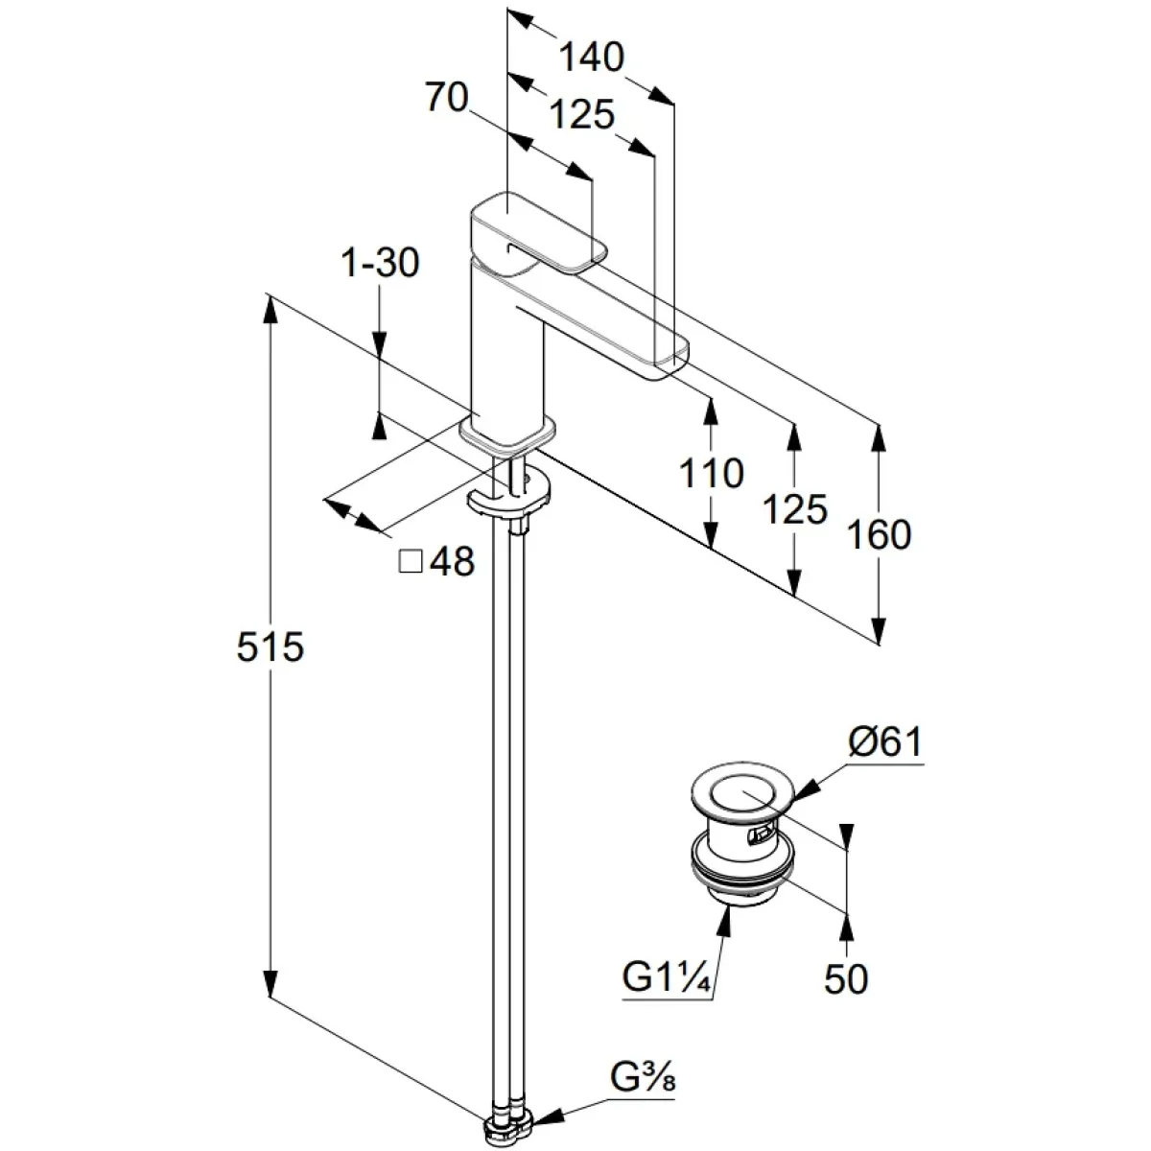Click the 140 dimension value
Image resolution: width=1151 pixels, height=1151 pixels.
(x=591, y=58)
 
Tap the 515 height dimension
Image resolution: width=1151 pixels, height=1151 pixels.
(x=270, y=647)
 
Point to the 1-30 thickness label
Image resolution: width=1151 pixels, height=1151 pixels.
(x=381, y=262)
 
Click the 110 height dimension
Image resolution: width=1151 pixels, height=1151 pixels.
(x=711, y=473)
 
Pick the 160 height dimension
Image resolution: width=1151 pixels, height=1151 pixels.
(x=879, y=534)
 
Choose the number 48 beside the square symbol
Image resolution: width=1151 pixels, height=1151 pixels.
(x=452, y=562)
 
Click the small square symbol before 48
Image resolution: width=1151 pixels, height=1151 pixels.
(x=411, y=561)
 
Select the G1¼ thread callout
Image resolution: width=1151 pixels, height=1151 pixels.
(x=666, y=978)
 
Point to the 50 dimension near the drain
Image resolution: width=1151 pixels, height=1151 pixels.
(x=846, y=978)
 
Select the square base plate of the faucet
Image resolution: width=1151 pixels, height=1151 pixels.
(x=508, y=433)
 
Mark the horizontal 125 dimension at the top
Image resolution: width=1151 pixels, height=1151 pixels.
(x=583, y=115)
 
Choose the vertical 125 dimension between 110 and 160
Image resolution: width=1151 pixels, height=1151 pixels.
(x=794, y=509)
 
